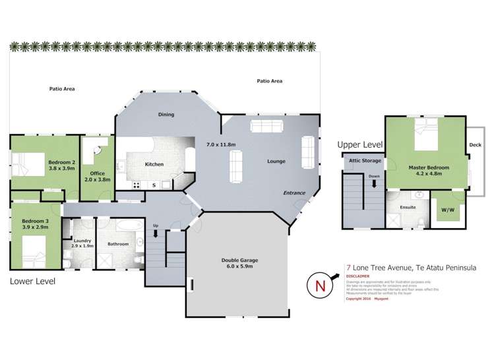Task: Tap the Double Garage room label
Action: pos(239,260)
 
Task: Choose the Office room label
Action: pos(98,173)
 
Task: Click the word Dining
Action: pos(166,115)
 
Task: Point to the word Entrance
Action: pos(294,193)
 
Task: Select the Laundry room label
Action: pos(82,241)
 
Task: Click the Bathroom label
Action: pos(118,244)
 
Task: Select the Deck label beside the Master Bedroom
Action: pos(475,145)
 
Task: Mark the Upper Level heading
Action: pos(360,144)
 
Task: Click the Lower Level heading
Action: pos(32,281)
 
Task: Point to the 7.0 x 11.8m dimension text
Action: pos(222,143)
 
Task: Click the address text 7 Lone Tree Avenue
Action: pos(381,268)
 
